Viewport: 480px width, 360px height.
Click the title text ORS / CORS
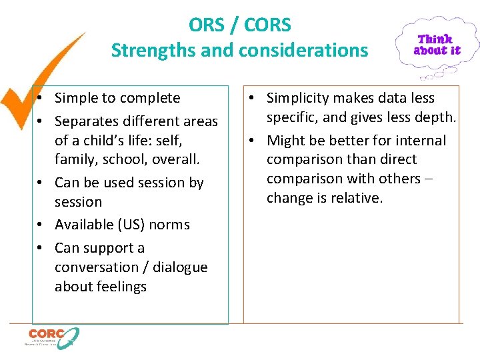240,25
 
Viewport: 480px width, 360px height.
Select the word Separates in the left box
85,121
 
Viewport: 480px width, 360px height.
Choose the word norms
172,225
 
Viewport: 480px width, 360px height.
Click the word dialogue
180,267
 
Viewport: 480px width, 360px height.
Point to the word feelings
120,287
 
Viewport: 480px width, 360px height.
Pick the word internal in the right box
421,141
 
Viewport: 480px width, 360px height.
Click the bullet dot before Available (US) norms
41,225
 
